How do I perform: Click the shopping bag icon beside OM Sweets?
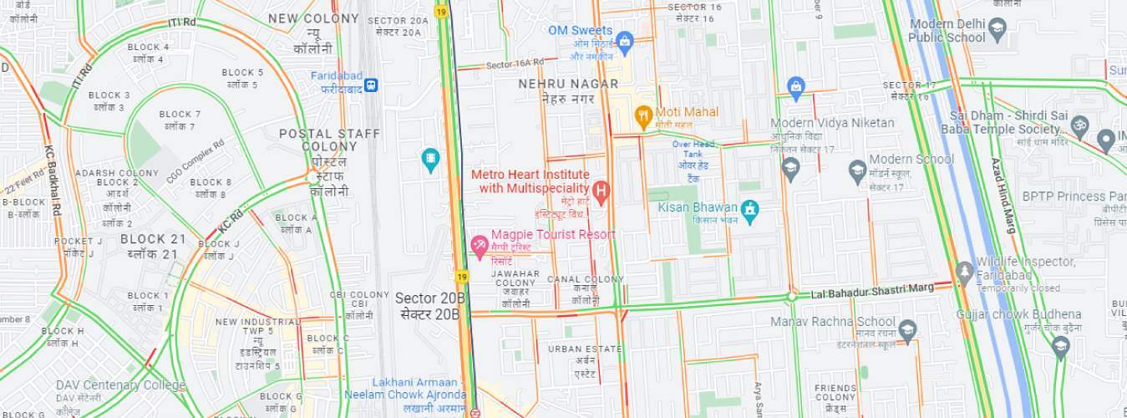(x=624, y=41)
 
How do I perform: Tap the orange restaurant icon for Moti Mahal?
(x=642, y=116)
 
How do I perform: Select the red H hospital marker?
(x=601, y=190)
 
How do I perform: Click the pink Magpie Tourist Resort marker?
(x=480, y=245)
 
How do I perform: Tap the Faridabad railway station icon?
(x=370, y=84)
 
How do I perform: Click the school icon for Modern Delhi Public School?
(x=997, y=32)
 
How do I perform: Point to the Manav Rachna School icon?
(x=908, y=329)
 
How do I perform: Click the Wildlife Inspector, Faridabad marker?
(x=965, y=273)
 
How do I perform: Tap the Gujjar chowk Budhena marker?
(x=1061, y=346)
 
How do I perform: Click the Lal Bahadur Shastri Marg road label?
(x=872, y=291)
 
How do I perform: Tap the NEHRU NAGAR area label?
(x=568, y=84)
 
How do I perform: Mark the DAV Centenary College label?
(x=121, y=385)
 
